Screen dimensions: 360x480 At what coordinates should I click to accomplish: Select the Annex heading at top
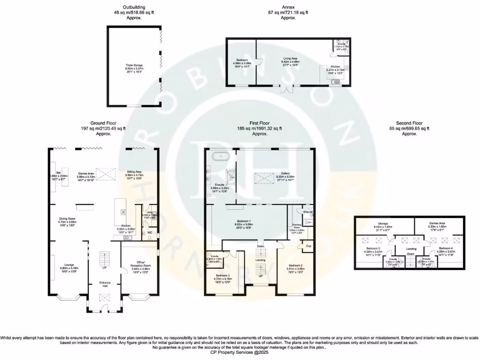(x=288, y=7)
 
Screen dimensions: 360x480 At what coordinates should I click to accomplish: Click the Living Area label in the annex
(x=289, y=59)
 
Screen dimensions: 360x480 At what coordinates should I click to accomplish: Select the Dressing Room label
(x=297, y=226)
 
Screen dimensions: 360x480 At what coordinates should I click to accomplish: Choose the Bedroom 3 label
(x=223, y=276)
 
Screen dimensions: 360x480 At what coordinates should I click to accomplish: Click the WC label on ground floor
(x=150, y=232)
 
